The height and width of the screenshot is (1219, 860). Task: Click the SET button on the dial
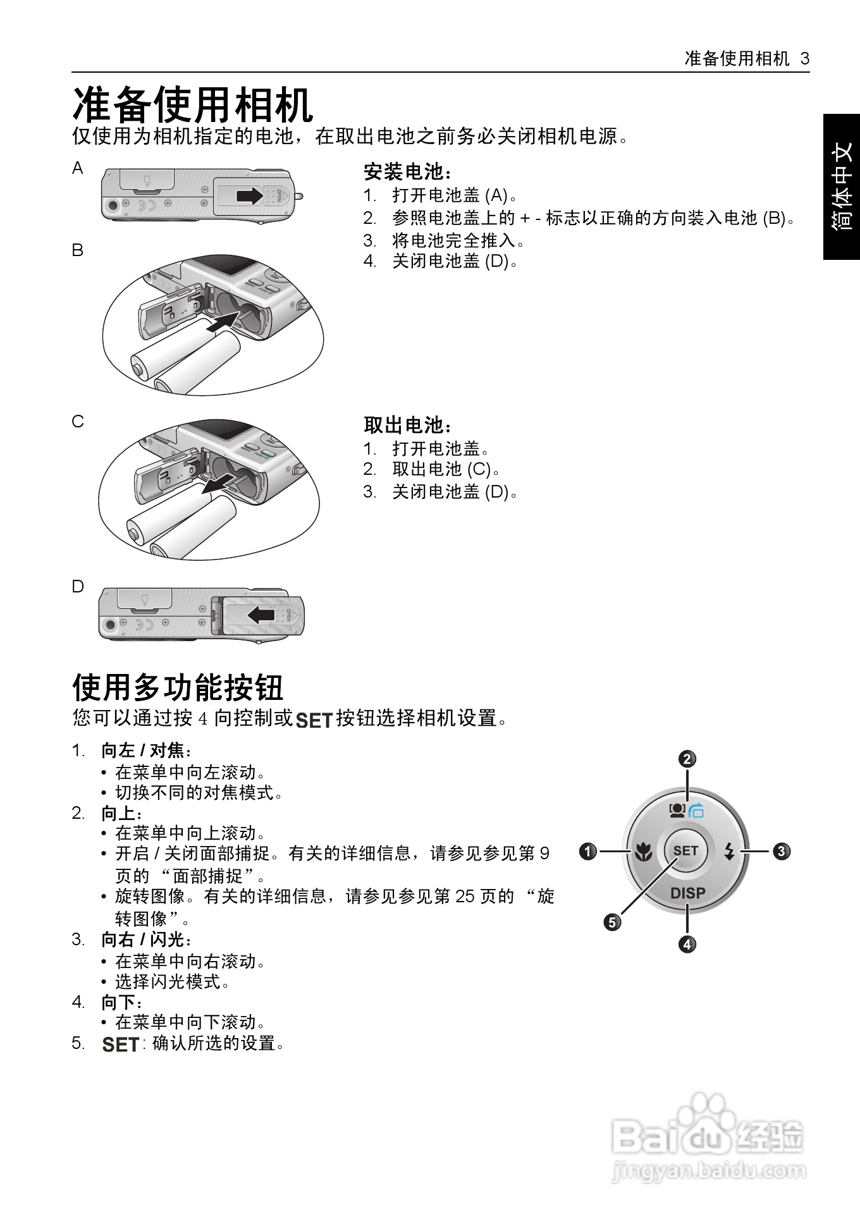point(685,851)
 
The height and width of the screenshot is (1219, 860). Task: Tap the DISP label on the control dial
point(687,893)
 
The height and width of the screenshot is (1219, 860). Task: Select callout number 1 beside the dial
point(588,852)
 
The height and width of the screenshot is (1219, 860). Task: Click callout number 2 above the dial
point(687,759)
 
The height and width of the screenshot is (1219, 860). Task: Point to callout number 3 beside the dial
point(782,851)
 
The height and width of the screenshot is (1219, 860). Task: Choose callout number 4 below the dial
point(687,945)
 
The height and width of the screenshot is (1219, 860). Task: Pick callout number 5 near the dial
point(612,922)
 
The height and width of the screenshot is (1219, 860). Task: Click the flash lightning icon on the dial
point(730,852)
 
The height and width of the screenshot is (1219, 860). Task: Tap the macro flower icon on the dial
point(644,852)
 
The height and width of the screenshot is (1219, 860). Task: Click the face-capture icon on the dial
point(677,809)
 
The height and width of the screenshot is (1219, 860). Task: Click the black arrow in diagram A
point(249,195)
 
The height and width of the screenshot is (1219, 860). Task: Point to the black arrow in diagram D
point(261,615)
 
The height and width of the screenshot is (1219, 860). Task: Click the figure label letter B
point(77,250)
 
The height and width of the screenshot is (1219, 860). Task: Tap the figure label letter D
point(78,587)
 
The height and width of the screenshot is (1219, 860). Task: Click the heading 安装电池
point(408,172)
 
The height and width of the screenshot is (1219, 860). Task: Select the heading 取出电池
point(408,426)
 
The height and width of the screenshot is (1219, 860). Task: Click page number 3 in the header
point(805,59)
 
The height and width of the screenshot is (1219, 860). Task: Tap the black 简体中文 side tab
point(842,187)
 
